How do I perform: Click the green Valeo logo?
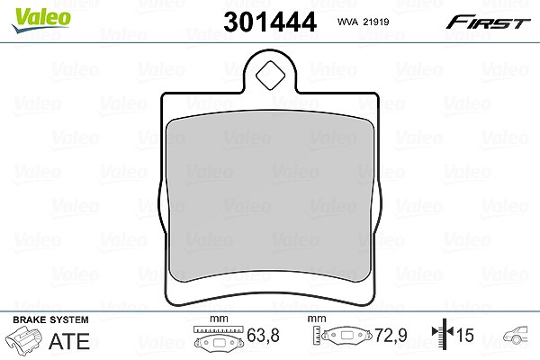[x=41, y=20]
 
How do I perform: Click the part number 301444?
[x=270, y=22]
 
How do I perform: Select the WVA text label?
[x=348, y=22]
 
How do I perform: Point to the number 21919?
[x=376, y=22]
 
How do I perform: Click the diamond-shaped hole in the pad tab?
[x=271, y=76]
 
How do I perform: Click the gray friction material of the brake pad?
[x=270, y=195]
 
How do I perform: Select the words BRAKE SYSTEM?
[x=50, y=319]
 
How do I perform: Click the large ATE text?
[x=69, y=341]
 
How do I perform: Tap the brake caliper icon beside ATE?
[x=23, y=338]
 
